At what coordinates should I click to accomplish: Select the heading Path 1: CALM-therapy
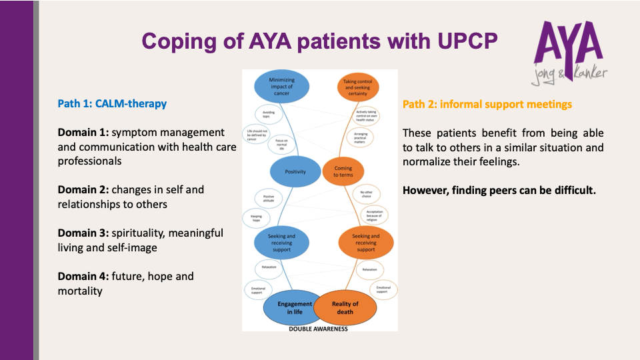point(112,103)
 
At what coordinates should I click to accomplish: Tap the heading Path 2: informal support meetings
point(487,104)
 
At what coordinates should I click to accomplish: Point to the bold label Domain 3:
point(83,233)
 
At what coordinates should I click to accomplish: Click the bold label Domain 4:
point(83,276)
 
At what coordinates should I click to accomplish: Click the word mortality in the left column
point(81,291)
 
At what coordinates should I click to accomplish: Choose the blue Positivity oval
point(295,171)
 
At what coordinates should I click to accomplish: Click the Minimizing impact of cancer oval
point(282,87)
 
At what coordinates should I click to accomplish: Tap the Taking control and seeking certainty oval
point(357,87)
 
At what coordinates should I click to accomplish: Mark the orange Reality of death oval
point(345,308)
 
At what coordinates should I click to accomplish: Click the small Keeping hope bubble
point(256,217)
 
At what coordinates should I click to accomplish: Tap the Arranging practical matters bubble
point(365,137)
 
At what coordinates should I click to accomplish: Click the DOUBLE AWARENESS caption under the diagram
point(319,328)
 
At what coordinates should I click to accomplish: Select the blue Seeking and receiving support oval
point(281,243)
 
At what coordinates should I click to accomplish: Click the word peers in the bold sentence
point(516,190)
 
